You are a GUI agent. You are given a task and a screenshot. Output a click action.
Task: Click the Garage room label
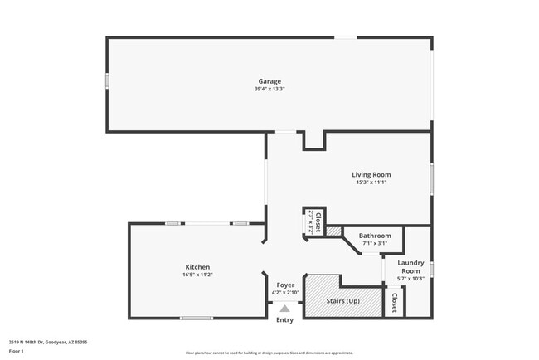point(269,81)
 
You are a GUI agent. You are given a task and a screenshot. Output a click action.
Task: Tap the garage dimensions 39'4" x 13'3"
point(269,90)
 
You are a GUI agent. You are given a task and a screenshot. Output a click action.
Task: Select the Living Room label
point(371,174)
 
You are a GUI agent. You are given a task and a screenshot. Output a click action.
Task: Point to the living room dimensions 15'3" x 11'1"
point(371,182)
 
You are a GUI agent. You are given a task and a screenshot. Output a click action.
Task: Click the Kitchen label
point(197,267)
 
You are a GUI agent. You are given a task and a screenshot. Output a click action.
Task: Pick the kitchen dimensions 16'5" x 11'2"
point(197,275)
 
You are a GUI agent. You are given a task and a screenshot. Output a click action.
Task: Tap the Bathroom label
point(375,236)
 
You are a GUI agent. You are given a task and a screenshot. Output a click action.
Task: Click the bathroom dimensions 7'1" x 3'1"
point(375,244)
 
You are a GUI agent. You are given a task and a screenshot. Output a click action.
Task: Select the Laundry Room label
point(410,267)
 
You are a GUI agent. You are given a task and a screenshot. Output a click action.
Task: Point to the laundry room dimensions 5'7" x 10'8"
point(410,279)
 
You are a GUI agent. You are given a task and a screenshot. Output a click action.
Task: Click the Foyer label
point(285,285)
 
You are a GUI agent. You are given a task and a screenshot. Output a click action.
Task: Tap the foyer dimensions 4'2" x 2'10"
point(285,293)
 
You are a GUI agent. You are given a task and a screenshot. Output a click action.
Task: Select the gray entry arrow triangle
point(284,308)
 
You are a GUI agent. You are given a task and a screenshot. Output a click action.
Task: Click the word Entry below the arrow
point(284,320)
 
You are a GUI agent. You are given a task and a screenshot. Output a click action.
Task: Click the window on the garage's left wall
point(106,81)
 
